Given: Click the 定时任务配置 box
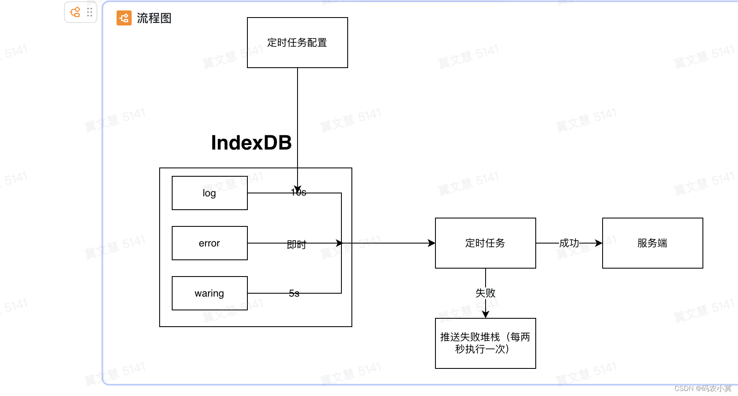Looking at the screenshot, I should click(x=297, y=43).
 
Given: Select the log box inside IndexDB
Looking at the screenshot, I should click(x=209, y=193).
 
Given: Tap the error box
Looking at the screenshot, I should click(x=209, y=243).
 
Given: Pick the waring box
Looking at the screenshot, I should click(x=209, y=293).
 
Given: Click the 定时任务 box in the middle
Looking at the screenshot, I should click(x=485, y=243).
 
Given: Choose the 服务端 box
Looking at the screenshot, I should click(x=652, y=243).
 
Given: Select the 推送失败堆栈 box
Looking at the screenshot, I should click(x=485, y=343).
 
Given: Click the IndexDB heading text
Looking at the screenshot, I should click(x=251, y=143).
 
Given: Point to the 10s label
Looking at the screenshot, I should click(x=299, y=193).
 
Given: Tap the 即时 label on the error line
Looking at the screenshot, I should click(x=297, y=244).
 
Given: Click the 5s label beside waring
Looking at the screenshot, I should click(x=294, y=294).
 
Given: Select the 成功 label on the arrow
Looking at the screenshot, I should click(x=569, y=243).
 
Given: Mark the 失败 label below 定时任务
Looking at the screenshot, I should click(x=485, y=293).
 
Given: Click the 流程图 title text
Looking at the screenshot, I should click(x=154, y=18).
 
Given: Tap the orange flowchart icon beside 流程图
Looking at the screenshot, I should click(x=124, y=18).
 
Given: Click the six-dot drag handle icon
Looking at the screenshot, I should click(x=89, y=12).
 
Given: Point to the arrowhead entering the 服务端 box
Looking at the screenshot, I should click(x=599, y=243).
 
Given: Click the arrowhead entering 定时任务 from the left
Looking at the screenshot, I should click(x=432, y=243).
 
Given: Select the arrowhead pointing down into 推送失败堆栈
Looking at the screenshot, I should click(x=486, y=315).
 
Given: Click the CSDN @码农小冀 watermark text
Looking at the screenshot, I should click(x=703, y=388).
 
